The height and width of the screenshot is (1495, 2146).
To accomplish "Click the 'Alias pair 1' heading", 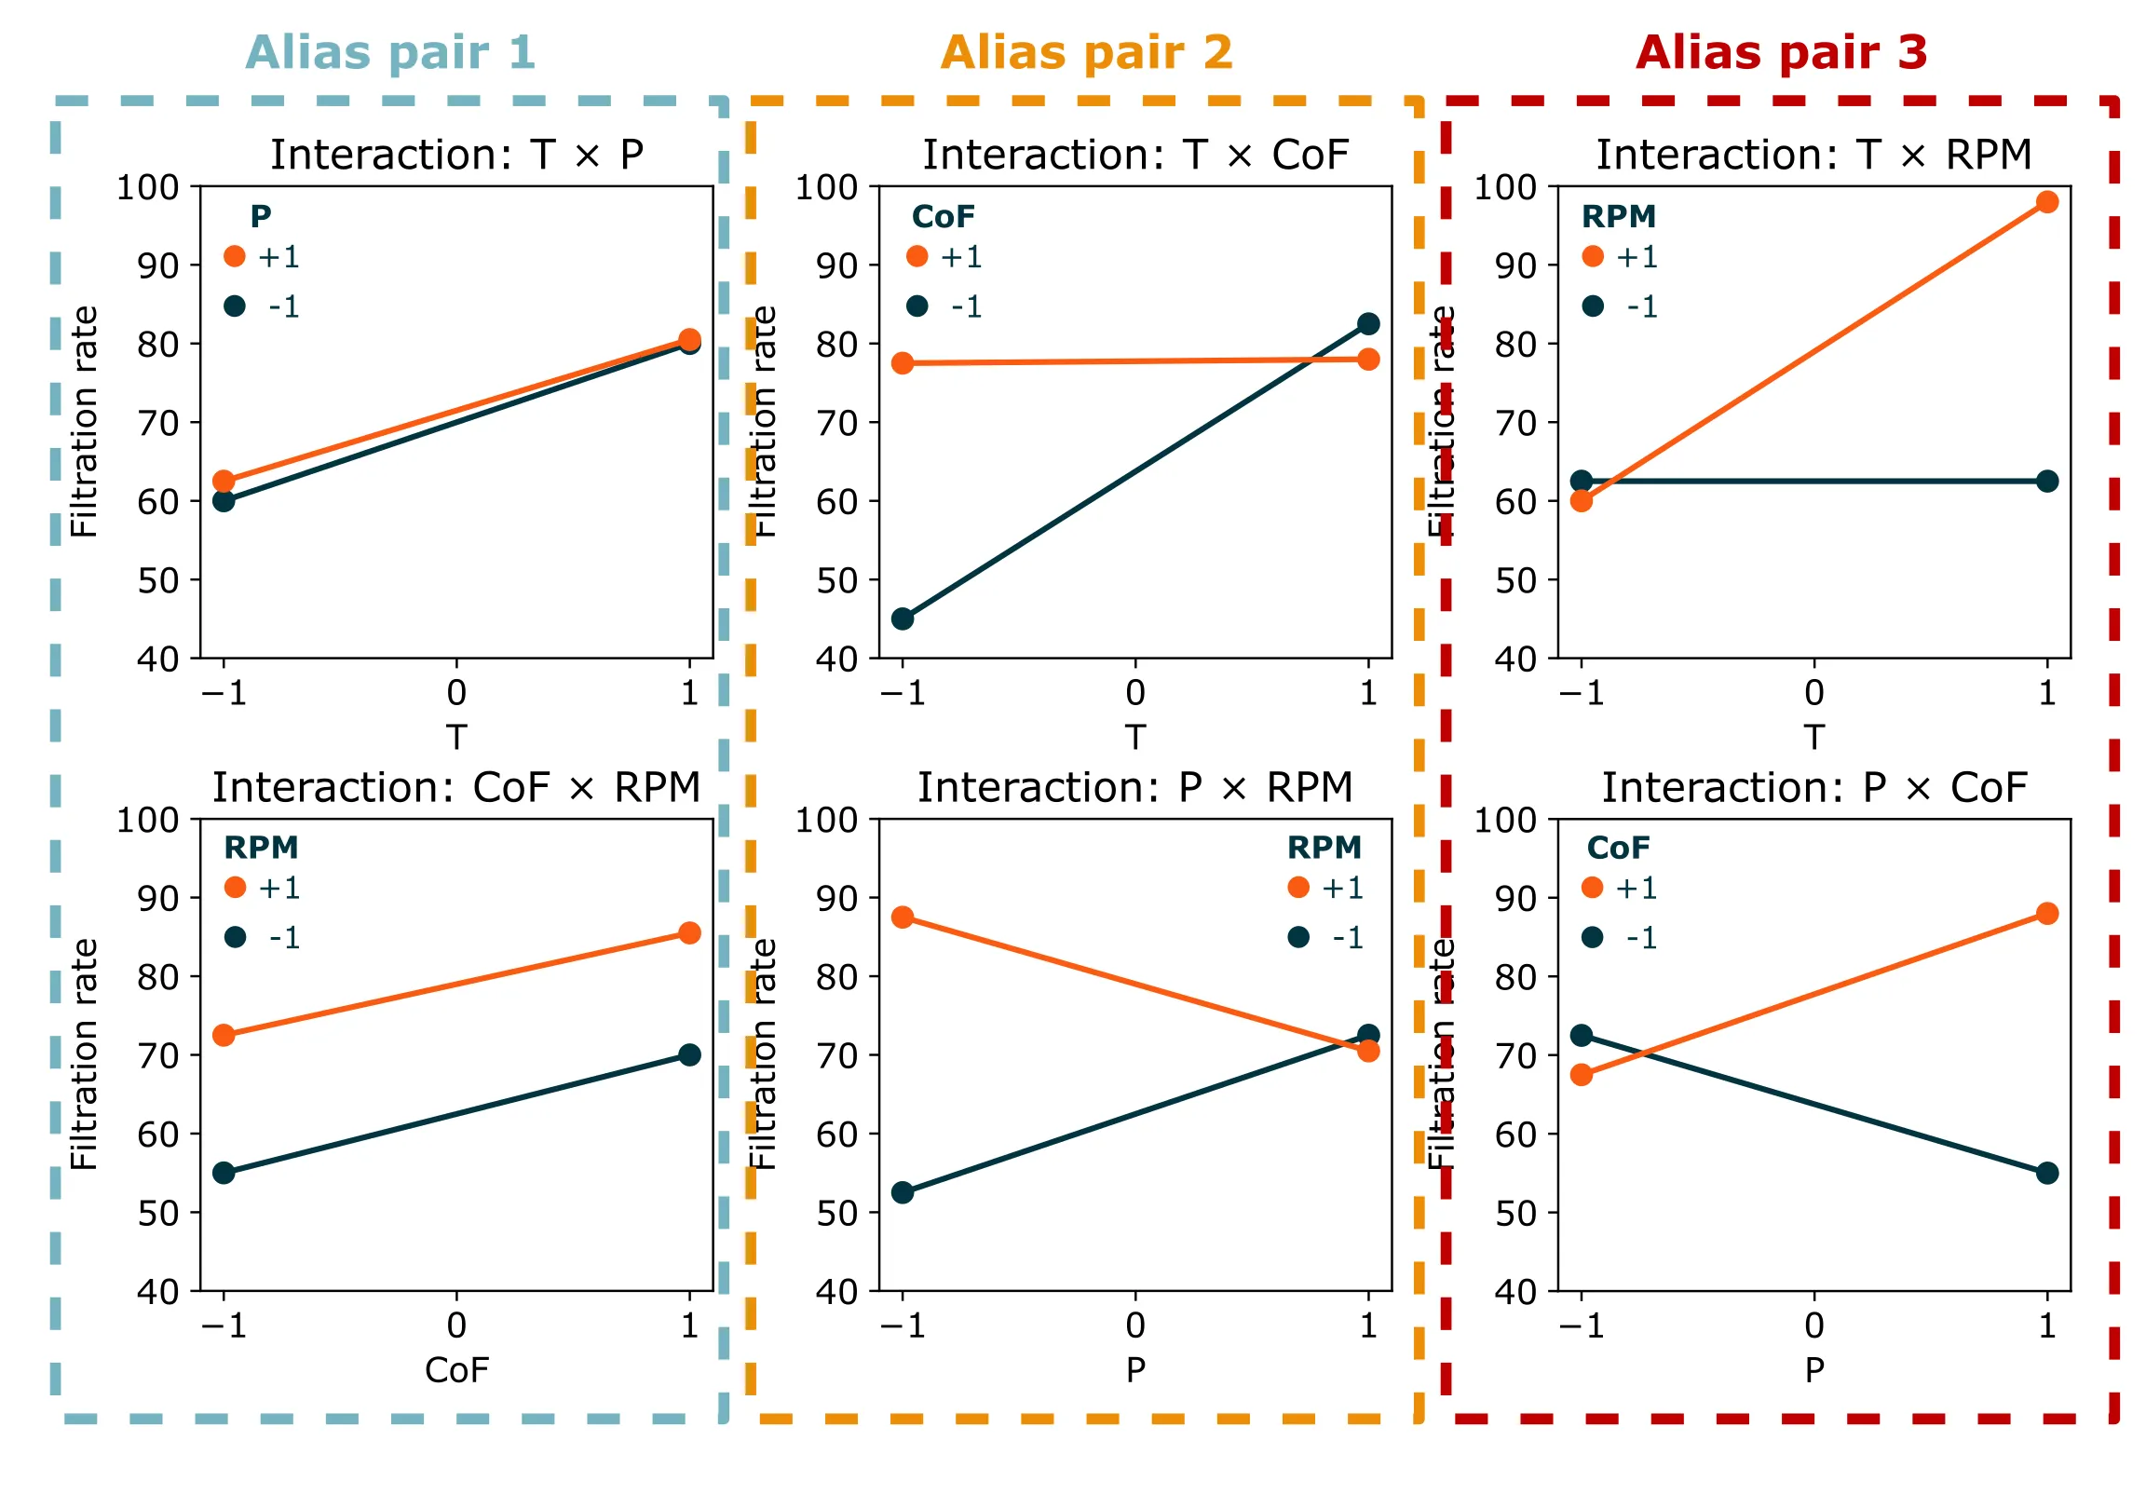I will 390,52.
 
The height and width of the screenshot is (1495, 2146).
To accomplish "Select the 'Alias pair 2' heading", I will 1086,52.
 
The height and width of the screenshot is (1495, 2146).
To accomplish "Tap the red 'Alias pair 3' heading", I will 1782,52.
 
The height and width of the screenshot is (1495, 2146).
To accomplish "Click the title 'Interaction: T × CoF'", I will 1135,156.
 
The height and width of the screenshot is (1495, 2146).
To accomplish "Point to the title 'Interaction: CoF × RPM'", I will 456,788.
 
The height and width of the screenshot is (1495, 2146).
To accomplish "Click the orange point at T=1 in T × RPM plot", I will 2047,202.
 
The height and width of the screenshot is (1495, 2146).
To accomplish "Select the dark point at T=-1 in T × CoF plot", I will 903,618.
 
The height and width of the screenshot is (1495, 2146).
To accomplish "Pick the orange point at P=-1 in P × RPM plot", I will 903,917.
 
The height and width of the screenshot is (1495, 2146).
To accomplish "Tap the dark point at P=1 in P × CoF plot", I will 2047,1174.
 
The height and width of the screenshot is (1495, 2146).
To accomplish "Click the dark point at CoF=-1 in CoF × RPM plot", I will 224,1174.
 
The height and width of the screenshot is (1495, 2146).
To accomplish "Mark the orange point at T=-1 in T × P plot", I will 224,482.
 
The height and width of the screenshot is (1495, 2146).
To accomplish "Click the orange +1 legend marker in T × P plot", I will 235,256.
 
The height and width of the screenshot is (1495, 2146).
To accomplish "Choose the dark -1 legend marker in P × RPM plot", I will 1298,937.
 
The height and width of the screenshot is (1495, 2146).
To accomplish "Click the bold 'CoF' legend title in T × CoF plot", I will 944,217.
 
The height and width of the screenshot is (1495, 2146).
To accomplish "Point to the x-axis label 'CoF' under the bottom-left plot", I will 456,1371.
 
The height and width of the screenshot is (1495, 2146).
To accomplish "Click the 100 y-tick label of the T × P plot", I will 148,187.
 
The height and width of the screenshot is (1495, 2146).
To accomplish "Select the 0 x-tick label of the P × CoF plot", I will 1814,1325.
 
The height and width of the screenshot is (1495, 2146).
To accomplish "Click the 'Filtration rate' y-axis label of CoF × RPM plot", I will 84,1054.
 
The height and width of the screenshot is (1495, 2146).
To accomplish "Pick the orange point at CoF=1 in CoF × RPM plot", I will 690,933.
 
